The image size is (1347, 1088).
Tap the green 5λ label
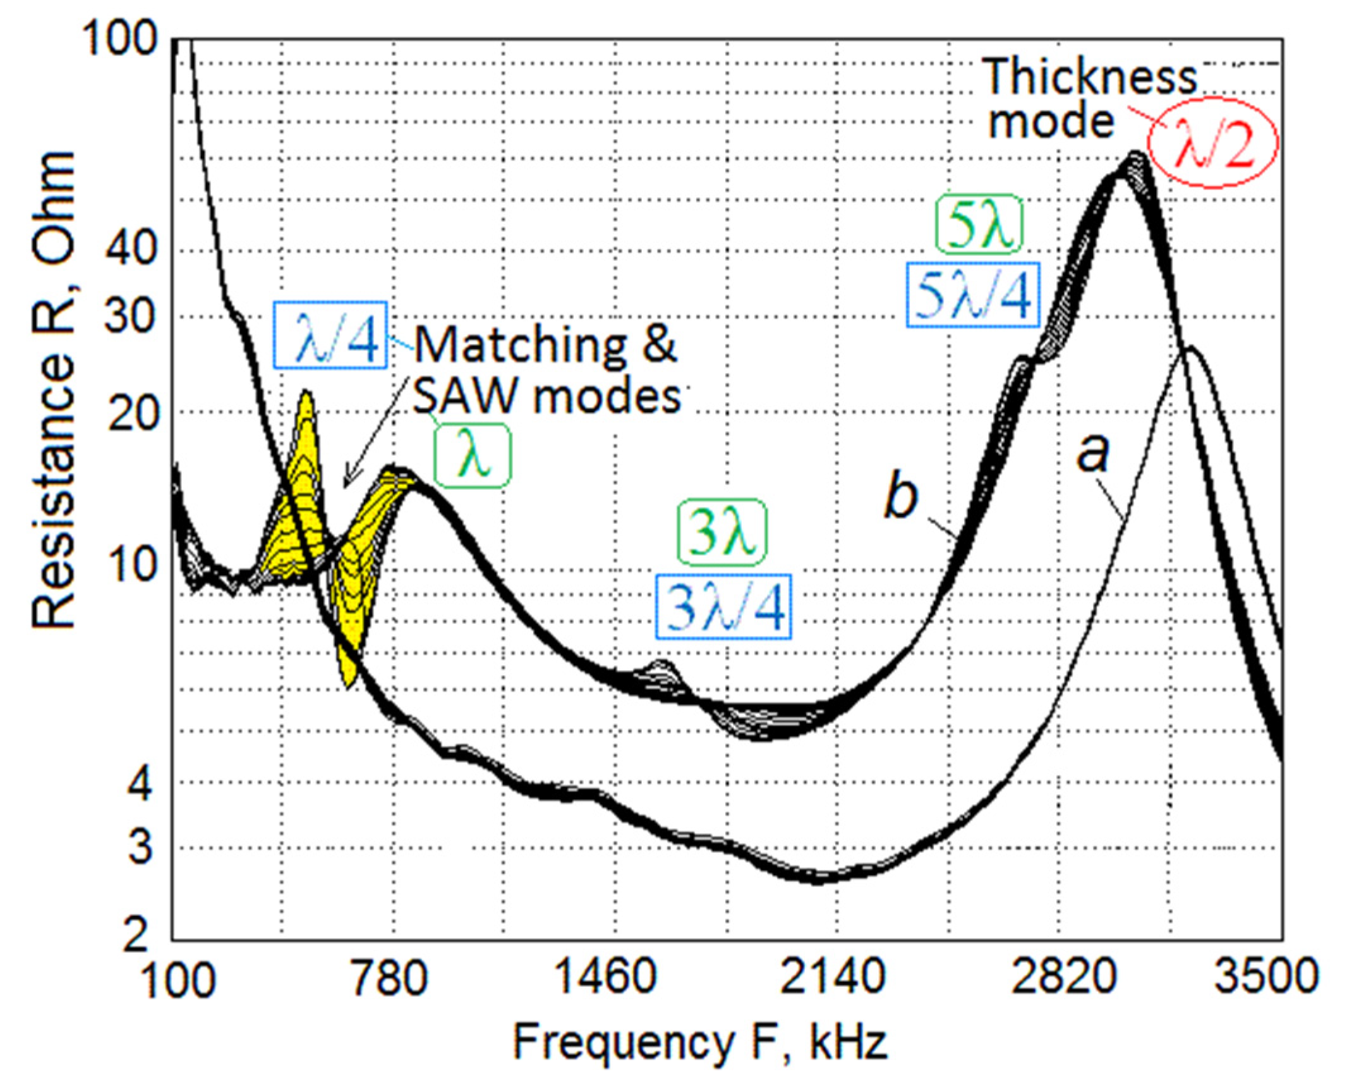pos(978,226)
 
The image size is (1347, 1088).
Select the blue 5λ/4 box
pos(973,295)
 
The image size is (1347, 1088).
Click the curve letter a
pos(1093,453)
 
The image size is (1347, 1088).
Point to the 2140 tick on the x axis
pos(833,977)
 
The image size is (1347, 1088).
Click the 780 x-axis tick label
pos(390,977)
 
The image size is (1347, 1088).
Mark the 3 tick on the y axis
pos(140,848)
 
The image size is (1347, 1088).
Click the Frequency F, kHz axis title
pos(699,1044)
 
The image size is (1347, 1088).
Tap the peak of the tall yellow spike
pos(306,393)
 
